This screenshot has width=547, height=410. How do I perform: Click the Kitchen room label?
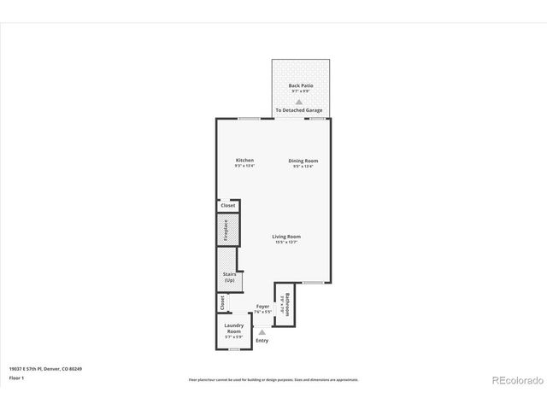click(244, 160)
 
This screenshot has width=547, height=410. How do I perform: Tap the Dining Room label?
click(303, 160)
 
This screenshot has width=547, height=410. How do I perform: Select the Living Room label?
click(286, 236)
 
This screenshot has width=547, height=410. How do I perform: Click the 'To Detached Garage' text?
click(298, 110)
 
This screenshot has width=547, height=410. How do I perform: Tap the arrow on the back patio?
click(299, 101)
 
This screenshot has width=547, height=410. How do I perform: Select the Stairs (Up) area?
click(230, 278)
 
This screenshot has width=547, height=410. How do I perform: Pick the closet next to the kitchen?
click(227, 205)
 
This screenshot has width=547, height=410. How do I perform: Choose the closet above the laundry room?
click(221, 302)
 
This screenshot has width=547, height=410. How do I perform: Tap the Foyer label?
click(262, 306)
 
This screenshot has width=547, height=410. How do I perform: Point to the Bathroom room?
click(287, 304)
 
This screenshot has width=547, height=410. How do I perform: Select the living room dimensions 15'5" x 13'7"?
click(286, 243)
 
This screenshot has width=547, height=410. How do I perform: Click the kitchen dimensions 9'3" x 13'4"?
click(244, 166)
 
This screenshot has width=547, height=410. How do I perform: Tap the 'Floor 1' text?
click(16, 377)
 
